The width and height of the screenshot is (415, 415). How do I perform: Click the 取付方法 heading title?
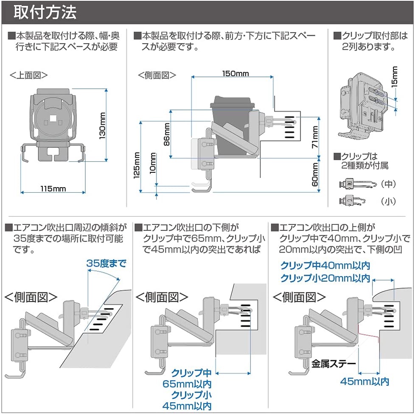pyautogui.click(x=45, y=12)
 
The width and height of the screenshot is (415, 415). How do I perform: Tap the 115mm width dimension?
pyautogui.click(x=53, y=189)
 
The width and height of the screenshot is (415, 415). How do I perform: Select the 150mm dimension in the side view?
pyautogui.click(x=236, y=73)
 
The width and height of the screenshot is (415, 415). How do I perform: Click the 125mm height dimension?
pyautogui.click(x=137, y=165)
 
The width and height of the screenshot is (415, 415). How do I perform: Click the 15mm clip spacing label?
pyautogui.click(x=395, y=76)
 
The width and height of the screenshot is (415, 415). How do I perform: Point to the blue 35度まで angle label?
pyautogui.click(x=106, y=263)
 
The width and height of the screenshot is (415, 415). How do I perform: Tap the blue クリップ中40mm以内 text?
pyautogui.click(x=325, y=266)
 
